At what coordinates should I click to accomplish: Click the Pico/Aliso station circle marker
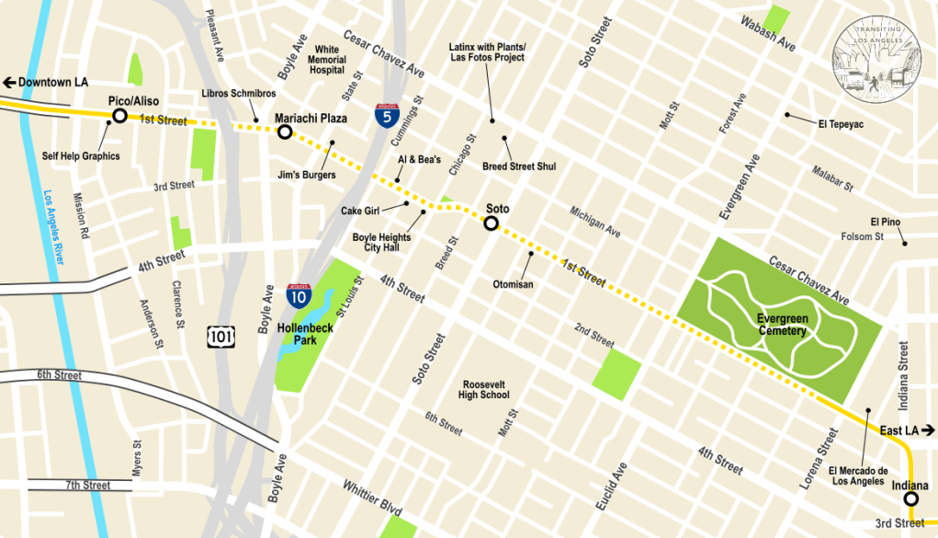[x=119, y=116]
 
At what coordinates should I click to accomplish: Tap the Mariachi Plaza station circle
[x=285, y=132]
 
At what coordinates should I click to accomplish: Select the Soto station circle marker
[x=492, y=223]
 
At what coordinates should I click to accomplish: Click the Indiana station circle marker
[x=910, y=499]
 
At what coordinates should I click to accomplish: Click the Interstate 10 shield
[x=297, y=295]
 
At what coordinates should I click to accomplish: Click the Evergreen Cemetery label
[x=782, y=325]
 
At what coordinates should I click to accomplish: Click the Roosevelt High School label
[x=483, y=389]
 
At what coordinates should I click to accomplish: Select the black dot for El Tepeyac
[x=787, y=115]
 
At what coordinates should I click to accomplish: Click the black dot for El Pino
[x=904, y=244]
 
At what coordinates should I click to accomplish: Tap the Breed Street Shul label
[x=519, y=166]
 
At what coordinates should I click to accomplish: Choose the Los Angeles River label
[x=53, y=226]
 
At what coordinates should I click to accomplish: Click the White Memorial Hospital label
[x=328, y=60]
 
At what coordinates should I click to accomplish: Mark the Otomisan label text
[x=513, y=285]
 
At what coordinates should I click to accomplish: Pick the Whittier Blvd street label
[x=372, y=498]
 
